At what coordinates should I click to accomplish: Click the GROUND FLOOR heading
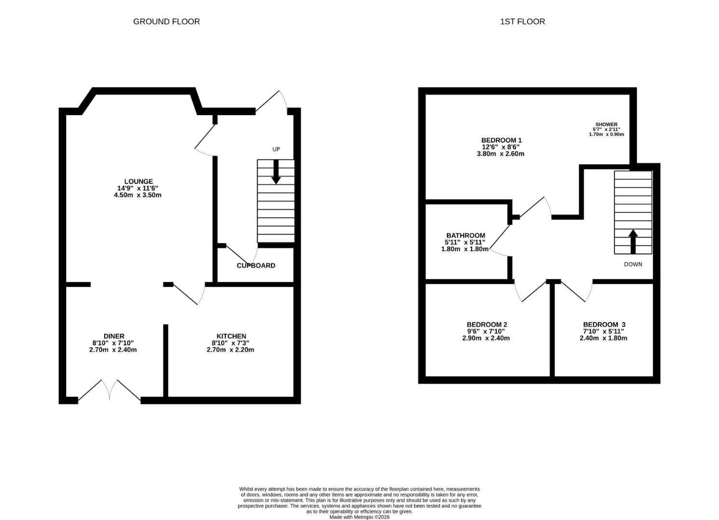(x=166, y=22)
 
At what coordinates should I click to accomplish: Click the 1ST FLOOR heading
(x=522, y=22)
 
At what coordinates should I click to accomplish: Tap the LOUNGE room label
(x=139, y=182)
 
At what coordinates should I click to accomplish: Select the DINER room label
(x=114, y=336)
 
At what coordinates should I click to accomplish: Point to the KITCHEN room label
(x=231, y=336)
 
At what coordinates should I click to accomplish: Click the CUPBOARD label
(x=256, y=266)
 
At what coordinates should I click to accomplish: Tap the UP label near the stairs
(x=276, y=149)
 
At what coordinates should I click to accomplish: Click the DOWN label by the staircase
(x=633, y=264)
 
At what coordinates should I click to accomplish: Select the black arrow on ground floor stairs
(x=276, y=172)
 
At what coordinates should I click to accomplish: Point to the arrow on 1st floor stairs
(x=633, y=242)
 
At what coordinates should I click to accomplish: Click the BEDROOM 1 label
(x=502, y=140)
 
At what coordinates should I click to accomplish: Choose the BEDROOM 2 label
(x=487, y=325)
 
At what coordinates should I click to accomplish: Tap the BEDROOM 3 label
(x=604, y=325)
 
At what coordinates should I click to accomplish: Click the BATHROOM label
(x=466, y=235)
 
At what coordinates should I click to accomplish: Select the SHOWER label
(x=606, y=124)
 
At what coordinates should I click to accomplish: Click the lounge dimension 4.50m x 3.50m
(x=138, y=195)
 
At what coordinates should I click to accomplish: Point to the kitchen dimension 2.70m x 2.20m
(x=231, y=350)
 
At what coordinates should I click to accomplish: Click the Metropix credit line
(x=360, y=517)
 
